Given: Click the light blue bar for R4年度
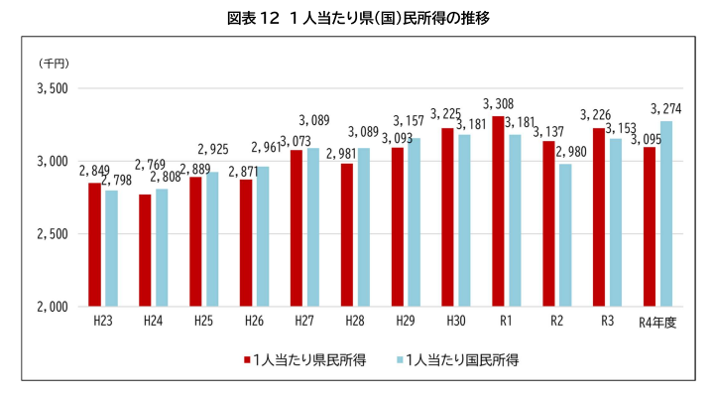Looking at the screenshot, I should (666, 213).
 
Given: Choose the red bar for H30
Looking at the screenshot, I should (447, 216).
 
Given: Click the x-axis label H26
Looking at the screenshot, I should (254, 322).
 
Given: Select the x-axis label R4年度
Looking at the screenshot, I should (657, 323).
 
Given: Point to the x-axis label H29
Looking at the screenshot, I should (406, 322).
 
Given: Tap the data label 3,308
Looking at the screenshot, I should (498, 104).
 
